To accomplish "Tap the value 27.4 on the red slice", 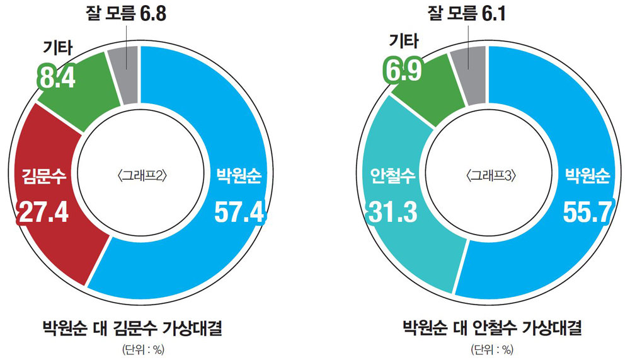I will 42,212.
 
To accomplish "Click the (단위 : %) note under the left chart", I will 139,349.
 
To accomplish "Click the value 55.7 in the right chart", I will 587,212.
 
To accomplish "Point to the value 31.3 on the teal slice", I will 391,212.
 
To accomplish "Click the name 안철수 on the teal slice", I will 392,175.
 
